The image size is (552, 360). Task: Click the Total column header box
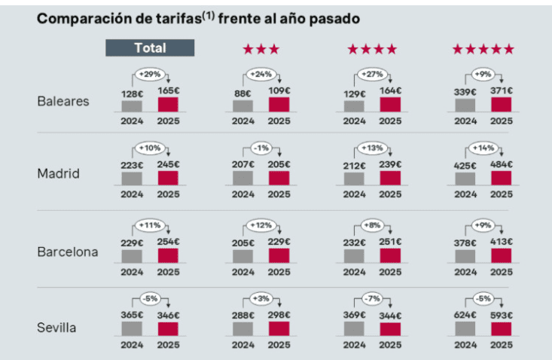(150, 47)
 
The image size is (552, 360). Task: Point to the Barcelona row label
(68, 252)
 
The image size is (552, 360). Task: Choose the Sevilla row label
(58, 328)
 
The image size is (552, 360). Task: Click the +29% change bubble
(150, 75)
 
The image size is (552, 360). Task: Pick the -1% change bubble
(261, 148)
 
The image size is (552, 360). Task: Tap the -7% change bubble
(372, 300)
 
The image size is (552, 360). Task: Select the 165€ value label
(168, 91)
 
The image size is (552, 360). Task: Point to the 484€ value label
(501, 164)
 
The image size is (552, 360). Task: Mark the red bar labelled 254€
(168, 255)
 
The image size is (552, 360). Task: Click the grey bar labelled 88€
(243, 105)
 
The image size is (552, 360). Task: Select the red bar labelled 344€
(390, 328)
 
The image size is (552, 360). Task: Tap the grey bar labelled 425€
(465, 178)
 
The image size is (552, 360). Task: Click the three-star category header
(261, 50)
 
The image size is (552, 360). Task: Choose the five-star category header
(483, 50)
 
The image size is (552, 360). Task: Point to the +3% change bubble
(261, 300)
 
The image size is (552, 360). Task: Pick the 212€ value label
(354, 164)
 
